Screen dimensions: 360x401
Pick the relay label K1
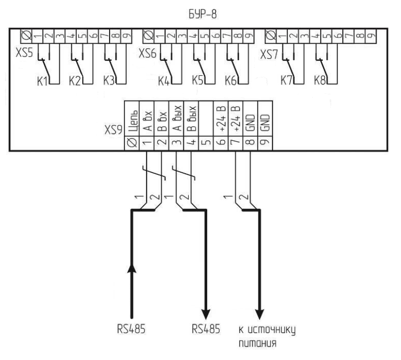click(x=43, y=82)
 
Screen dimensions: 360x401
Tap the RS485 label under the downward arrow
click(x=205, y=329)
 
